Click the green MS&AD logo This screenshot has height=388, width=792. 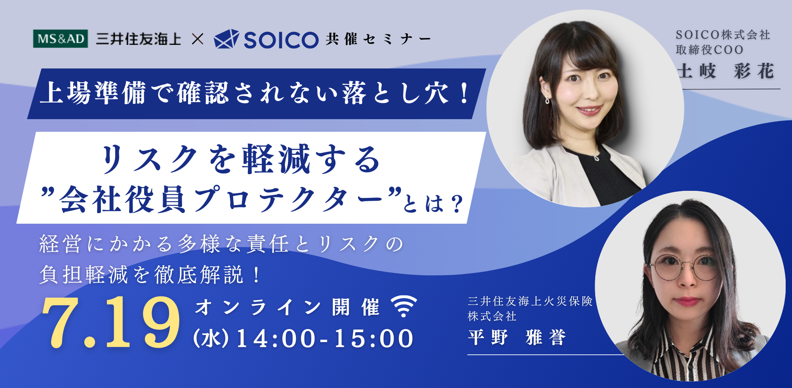[60, 39]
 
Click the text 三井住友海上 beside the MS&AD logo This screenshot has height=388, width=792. [138, 39]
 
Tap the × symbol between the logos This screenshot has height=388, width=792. [197, 39]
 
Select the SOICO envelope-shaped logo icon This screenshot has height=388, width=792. [226, 39]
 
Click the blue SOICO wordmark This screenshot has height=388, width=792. [281, 40]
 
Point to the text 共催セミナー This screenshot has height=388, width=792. [378, 39]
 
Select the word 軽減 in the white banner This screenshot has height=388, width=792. [276, 160]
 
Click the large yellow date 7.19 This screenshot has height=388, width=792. [111, 323]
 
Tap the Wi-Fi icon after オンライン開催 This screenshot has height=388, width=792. [404, 306]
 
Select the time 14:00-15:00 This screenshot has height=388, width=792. [325, 339]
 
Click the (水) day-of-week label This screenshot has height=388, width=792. [211, 339]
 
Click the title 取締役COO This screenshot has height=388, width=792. [709, 50]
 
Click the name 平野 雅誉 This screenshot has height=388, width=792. [517, 338]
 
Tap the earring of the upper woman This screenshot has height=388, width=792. [547, 100]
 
